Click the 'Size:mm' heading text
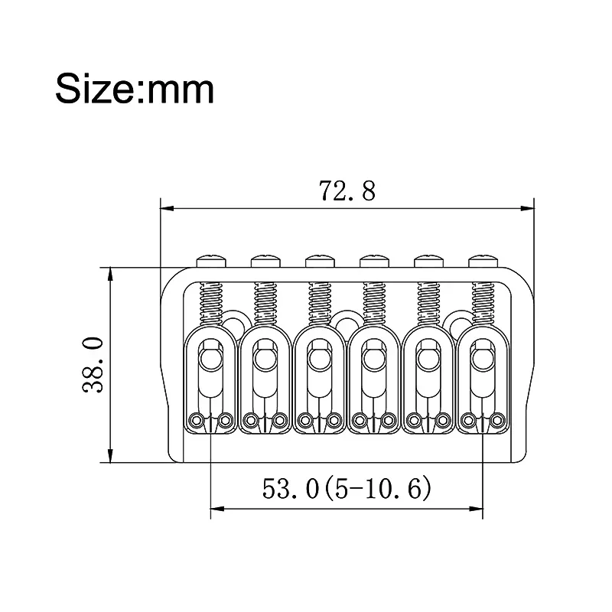tap(135, 89)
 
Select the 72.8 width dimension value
tap(347, 190)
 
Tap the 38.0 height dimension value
tap(93, 365)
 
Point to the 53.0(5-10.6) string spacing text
tap(347, 488)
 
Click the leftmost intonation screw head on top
tap(212, 261)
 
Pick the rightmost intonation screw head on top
tap(483, 261)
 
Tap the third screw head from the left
tap(320, 261)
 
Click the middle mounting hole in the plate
tap(347, 322)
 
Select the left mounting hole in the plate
tap(233, 322)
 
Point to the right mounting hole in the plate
tap(461, 322)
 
